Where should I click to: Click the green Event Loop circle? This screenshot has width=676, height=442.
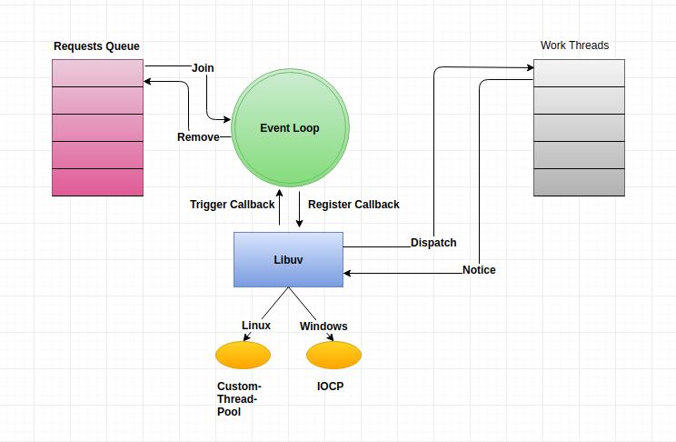290,127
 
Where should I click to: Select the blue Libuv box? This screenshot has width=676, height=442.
288,259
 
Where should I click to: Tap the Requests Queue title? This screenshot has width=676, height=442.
96,46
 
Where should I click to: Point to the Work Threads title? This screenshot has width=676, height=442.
574,45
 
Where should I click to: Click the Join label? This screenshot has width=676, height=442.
203,68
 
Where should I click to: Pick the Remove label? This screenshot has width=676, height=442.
198,136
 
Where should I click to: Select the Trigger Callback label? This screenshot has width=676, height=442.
232,204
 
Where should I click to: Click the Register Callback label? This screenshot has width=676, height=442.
353,204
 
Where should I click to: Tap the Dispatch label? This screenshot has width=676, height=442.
433,243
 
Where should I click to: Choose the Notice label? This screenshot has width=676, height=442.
479,270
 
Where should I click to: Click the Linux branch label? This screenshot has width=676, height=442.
256,325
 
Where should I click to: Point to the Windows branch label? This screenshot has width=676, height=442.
323,326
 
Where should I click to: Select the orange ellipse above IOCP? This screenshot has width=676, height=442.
333,355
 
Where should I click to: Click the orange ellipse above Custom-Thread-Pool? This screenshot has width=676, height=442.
244,355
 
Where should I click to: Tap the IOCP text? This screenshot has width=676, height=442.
330,386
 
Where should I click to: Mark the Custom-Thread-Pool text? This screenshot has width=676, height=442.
239,399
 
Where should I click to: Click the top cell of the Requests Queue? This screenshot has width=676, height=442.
97,73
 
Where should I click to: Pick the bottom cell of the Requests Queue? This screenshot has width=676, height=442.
97,182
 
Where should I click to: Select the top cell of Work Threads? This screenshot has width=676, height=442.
579,73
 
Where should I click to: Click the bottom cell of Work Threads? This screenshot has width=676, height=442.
579,182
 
